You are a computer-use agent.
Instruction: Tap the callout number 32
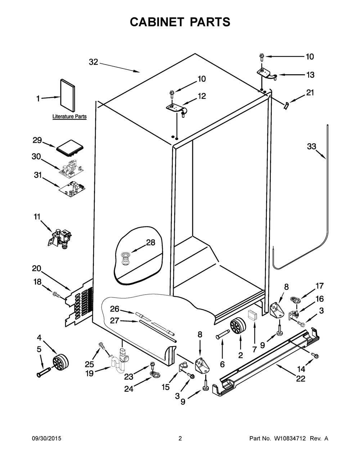93,62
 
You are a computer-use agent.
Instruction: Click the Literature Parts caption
69,117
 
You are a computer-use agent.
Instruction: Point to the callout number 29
37,140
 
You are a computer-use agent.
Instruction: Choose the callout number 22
300,378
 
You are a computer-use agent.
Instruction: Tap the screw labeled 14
316,355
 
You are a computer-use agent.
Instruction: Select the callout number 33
312,146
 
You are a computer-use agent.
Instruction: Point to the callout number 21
310,93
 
